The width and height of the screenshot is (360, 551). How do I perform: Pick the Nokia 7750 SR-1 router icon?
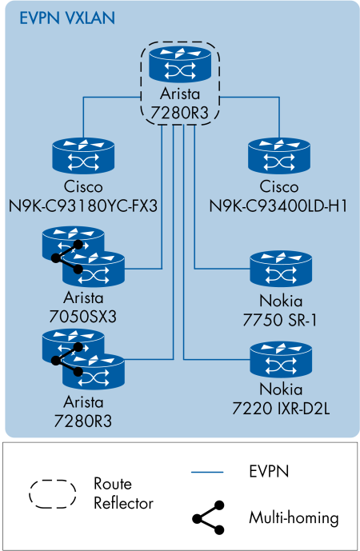(x=278, y=268)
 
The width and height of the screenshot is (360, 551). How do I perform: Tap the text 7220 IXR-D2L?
(x=278, y=410)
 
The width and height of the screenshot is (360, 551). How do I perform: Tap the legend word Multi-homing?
(x=294, y=518)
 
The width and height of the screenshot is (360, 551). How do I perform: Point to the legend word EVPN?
(x=269, y=473)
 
